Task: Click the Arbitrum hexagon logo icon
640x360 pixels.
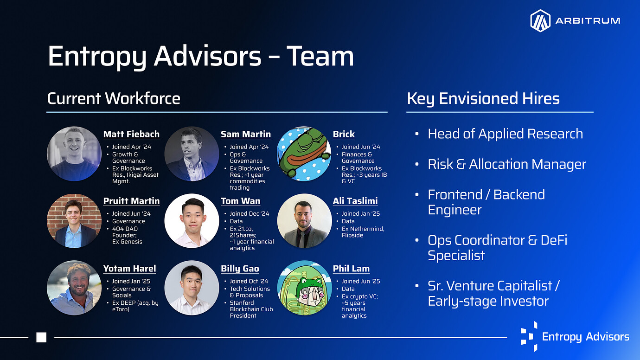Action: [x=540, y=20]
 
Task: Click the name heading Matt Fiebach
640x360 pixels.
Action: [x=131, y=134]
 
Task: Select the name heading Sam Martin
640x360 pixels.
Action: [x=246, y=134]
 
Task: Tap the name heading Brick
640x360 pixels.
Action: [x=344, y=134]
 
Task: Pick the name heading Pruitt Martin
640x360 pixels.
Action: [x=131, y=201]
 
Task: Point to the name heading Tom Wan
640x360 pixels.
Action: [x=241, y=201]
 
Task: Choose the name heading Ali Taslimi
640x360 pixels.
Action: [x=355, y=201]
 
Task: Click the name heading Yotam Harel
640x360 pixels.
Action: [x=129, y=269]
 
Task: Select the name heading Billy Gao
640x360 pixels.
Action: [x=240, y=269]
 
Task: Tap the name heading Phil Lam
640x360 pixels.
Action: [x=351, y=269]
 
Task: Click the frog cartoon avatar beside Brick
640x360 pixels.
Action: [x=304, y=154]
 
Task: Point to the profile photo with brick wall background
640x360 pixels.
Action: [x=74, y=221]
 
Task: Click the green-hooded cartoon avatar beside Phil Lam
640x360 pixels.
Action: [x=304, y=288]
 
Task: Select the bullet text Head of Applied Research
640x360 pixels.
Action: [x=505, y=134]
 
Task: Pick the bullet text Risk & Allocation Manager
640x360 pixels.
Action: [x=507, y=164]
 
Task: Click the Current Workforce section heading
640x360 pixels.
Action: [x=114, y=98]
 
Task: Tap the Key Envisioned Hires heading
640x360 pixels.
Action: [x=483, y=98]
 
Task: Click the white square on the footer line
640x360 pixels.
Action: [x=41, y=337]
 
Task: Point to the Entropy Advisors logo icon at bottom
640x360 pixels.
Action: [x=529, y=336]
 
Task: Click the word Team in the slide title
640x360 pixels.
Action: [x=320, y=56]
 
